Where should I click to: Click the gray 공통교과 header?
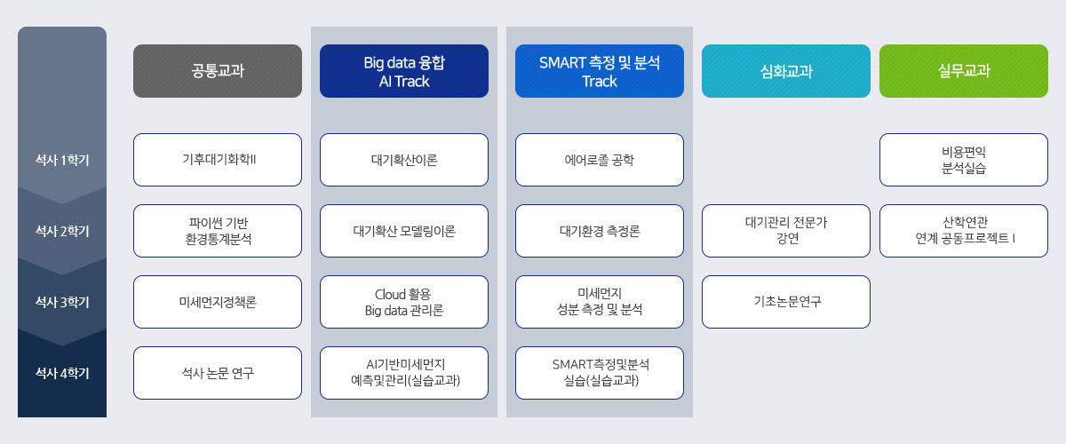point(218,71)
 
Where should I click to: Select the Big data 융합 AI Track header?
point(404,71)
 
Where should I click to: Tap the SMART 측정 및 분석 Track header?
point(600,71)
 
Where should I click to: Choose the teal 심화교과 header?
point(786,71)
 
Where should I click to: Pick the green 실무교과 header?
point(964,71)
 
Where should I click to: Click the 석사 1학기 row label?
point(62,160)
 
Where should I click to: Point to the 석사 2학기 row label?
point(62,231)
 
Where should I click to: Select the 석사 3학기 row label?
point(62,302)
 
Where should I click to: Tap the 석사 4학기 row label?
point(62,373)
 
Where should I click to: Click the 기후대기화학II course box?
point(218,160)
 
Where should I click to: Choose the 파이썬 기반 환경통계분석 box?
point(218,231)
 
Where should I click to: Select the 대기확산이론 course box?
point(404,160)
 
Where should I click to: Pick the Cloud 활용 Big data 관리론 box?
point(404,302)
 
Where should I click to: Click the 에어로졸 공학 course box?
point(600,160)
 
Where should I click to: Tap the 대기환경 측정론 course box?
point(600,231)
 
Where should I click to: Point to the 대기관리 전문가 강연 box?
point(786,231)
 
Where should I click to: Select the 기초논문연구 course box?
point(786,302)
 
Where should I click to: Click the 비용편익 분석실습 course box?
point(964,160)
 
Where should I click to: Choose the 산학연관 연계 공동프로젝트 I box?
point(964,231)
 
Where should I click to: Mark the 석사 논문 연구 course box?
point(218,373)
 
